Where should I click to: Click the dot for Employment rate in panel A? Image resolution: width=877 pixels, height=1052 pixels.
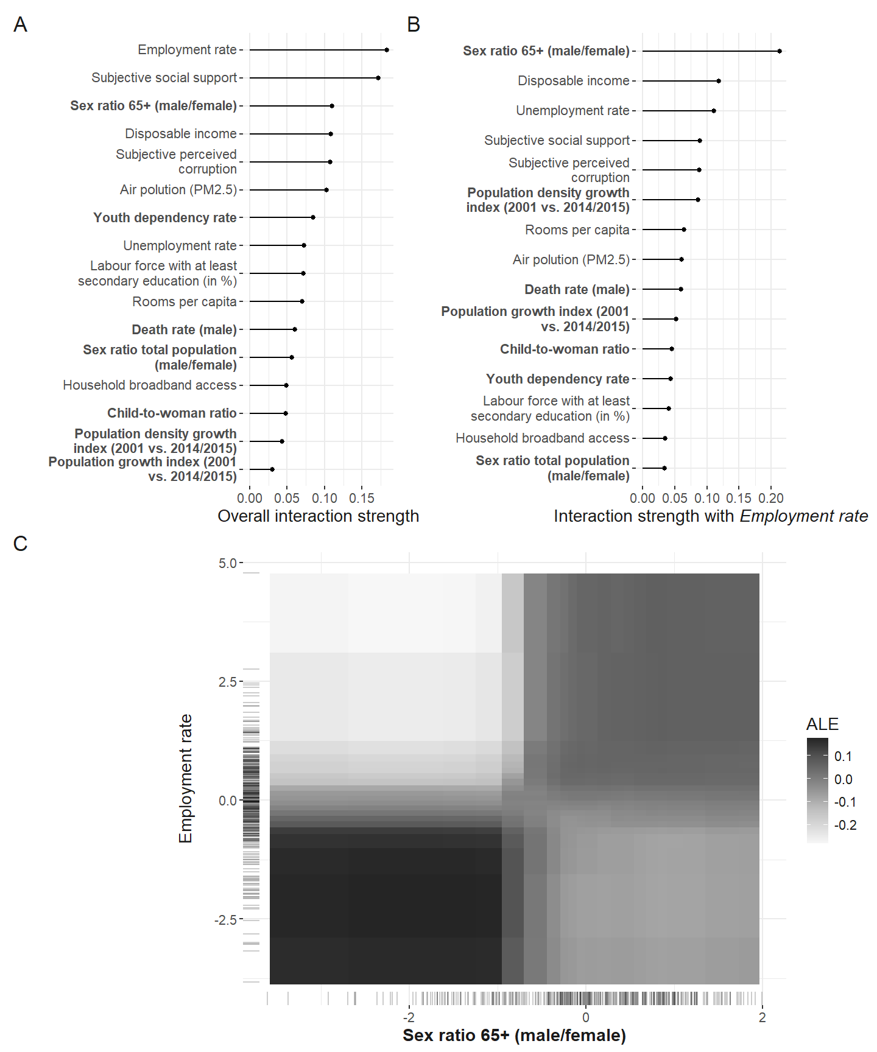(x=387, y=50)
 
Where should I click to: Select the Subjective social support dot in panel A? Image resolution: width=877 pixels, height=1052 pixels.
(x=378, y=78)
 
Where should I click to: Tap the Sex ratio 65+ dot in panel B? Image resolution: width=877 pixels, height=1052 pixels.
(x=780, y=51)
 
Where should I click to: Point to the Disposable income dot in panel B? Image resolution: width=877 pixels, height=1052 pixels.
(x=719, y=81)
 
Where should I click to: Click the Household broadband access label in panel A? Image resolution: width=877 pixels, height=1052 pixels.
(x=150, y=385)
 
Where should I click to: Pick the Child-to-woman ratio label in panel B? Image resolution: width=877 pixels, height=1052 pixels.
(x=565, y=349)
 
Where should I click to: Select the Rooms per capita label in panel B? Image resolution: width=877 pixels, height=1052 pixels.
(x=577, y=230)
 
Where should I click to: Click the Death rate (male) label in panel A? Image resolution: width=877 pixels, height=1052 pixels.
(x=185, y=330)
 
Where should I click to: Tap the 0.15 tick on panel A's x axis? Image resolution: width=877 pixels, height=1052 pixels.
(x=362, y=498)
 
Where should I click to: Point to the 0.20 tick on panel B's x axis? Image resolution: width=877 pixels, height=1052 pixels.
(x=771, y=498)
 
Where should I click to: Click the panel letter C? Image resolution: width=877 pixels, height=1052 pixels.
(x=20, y=544)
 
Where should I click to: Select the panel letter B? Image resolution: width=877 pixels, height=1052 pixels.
(x=414, y=25)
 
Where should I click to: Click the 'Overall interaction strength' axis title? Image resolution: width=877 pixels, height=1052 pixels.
(x=319, y=516)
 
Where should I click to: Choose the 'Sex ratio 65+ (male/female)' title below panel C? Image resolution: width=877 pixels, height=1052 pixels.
(x=514, y=1035)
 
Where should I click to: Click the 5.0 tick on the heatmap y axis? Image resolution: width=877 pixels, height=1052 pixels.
(x=228, y=563)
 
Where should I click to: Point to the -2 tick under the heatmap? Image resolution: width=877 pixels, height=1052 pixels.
(x=409, y=1017)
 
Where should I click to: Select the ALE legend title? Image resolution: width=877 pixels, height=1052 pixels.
(x=822, y=724)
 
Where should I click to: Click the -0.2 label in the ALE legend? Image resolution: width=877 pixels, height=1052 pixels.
(x=845, y=826)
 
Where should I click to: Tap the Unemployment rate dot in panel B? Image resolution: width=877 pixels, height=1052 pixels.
(x=714, y=111)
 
